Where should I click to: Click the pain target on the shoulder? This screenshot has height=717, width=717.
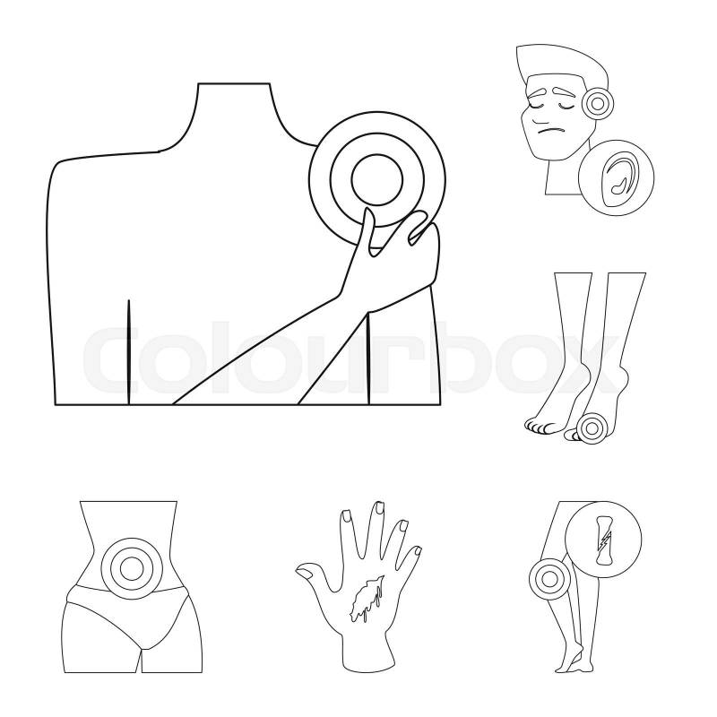(x=377, y=180)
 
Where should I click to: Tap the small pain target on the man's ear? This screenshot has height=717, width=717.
(x=596, y=103)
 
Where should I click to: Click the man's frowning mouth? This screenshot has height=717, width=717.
(x=549, y=131)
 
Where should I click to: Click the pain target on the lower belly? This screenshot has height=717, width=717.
(x=131, y=567)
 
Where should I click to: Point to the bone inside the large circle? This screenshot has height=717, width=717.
(x=601, y=540)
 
